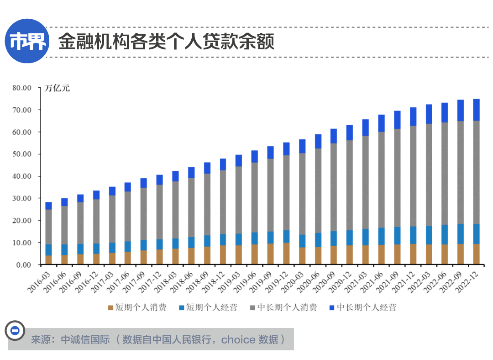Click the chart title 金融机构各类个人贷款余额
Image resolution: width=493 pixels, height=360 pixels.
(x=166, y=42)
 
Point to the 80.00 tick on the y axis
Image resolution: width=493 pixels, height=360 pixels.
(x=21, y=88)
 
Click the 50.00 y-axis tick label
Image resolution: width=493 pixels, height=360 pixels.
(x=21, y=154)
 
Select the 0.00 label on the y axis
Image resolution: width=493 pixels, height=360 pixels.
(x=23, y=265)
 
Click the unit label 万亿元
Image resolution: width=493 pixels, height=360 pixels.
(x=57, y=88)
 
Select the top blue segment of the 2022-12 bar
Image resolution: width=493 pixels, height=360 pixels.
(x=476, y=110)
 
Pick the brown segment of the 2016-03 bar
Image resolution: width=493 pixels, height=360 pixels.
(x=48, y=260)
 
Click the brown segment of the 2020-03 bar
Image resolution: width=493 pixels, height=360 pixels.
(x=302, y=256)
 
